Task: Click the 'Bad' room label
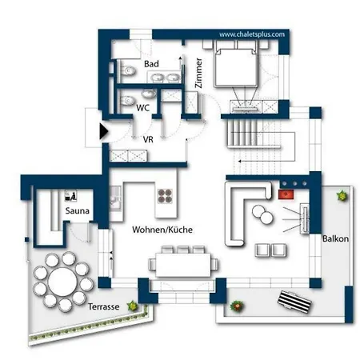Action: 151,63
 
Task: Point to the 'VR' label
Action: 148,138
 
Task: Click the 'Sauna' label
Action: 78,211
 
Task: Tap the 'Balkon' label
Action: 334,238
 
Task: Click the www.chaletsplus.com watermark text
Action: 253,35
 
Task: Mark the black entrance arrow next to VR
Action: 103,131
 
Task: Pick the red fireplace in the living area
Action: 284,192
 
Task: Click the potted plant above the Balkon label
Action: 342,194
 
